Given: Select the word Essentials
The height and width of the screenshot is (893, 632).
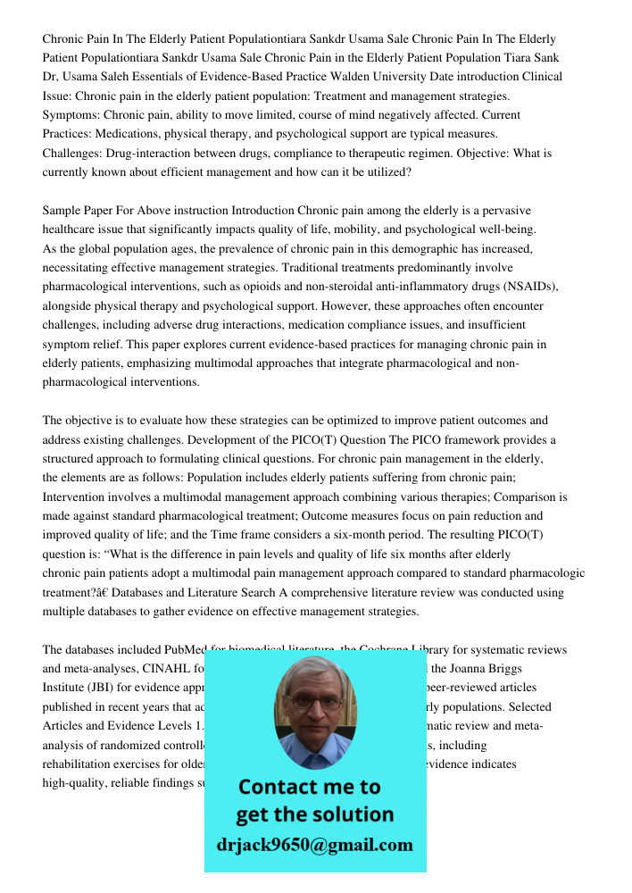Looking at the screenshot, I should (134, 77).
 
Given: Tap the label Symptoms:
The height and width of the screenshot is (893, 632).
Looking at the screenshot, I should (71, 115).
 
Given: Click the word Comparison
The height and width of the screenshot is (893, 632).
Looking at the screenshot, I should (515, 497).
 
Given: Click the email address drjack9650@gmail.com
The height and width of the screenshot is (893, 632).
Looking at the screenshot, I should (315, 844).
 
